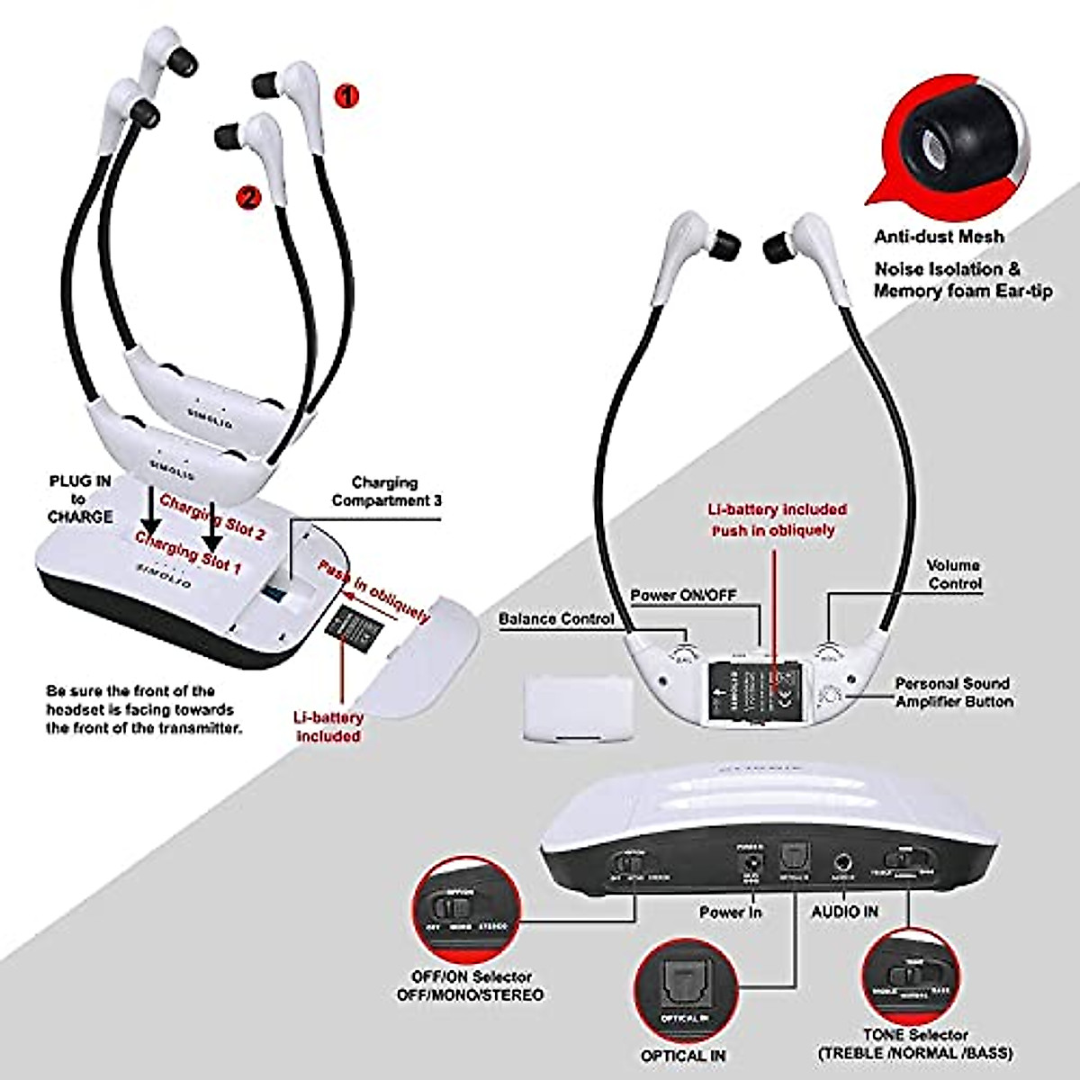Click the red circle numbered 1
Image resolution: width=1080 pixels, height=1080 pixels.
pos(346,96)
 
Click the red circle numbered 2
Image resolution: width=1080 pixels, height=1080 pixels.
pos(247,195)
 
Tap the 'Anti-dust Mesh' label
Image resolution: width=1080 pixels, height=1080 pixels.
pos(939,238)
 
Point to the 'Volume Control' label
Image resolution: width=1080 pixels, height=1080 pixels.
pos(953,574)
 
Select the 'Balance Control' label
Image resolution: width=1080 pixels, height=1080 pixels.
pos(556,619)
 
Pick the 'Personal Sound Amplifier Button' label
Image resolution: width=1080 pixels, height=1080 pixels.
pos(953,692)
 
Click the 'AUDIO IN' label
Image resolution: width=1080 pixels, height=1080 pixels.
pos(845,912)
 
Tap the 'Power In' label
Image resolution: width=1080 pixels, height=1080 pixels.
pos(731,913)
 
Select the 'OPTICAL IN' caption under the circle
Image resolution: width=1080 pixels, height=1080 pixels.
pos(682,1055)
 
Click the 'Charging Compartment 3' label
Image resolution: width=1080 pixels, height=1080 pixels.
pos(385,491)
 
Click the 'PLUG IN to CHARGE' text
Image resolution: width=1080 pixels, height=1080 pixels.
pos(80,499)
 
